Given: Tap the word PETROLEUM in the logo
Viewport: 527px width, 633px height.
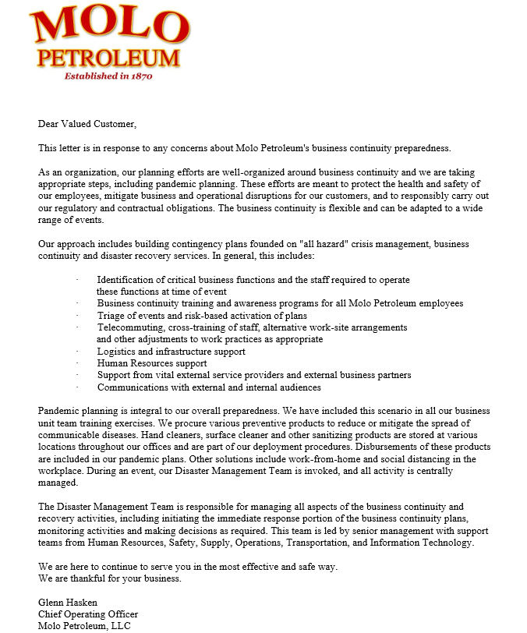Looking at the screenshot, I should pos(109,58).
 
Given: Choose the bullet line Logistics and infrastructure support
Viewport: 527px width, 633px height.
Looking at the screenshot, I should pos(172,352).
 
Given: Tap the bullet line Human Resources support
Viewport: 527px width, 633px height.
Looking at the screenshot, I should pos(152,363).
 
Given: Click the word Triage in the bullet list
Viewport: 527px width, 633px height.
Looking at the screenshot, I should pos(111,316).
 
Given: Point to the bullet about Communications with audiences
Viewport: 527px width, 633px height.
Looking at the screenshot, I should pos(209,387).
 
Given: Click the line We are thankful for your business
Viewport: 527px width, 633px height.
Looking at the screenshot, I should pos(111,578).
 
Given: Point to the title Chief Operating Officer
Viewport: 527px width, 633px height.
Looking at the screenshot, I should pos(88,614).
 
